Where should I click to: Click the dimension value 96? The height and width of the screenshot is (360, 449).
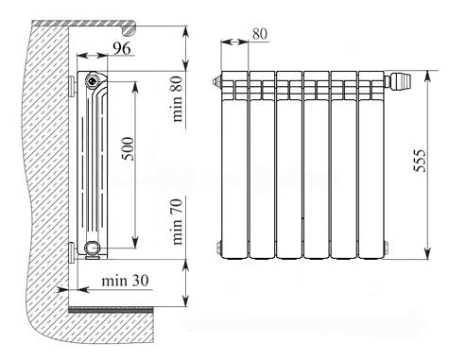(122, 48)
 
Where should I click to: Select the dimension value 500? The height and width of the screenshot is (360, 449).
(128, 148)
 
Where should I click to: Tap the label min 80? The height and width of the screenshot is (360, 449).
(177, 99)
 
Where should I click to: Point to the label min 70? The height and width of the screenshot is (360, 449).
(177, 222)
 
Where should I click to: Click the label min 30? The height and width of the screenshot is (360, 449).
(125, 281)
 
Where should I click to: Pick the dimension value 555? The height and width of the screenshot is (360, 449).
(420, 161)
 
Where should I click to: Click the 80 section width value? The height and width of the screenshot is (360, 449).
(260, 34)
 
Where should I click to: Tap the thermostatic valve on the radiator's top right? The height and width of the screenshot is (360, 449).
(399, 81)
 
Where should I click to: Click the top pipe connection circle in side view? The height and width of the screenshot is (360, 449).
(93, 79)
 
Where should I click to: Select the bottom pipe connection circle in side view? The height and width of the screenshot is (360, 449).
(92, 248)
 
